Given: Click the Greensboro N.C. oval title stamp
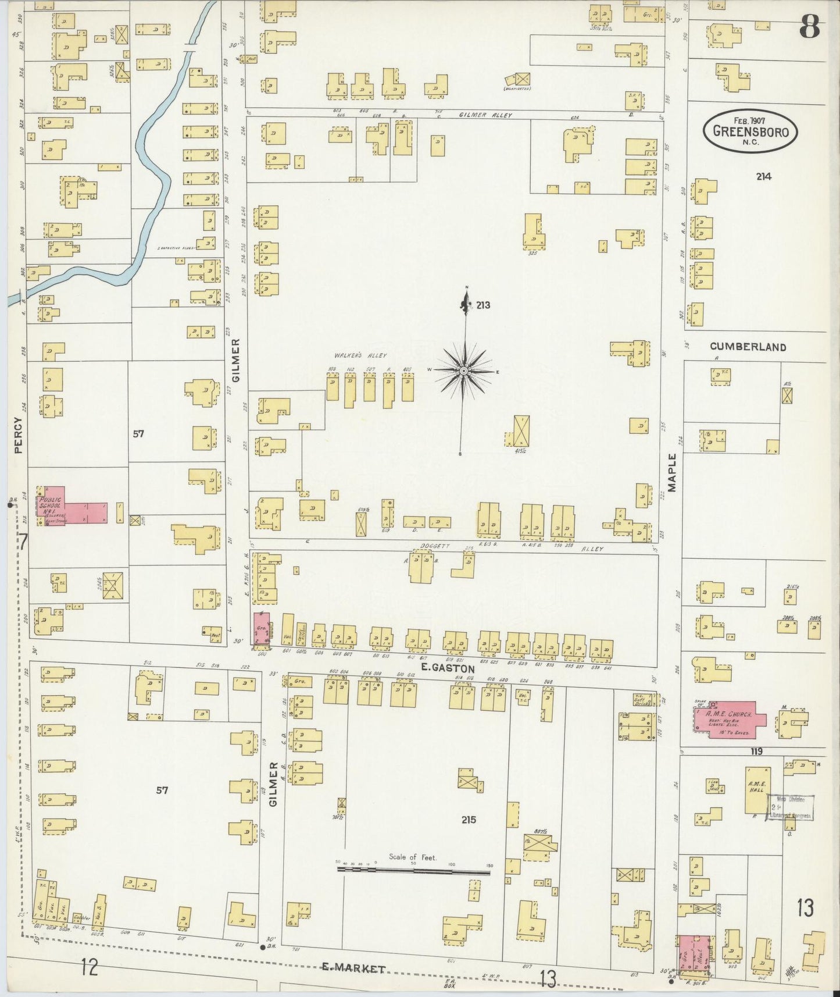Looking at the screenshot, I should pos(750,131).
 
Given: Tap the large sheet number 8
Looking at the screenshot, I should pos(809,27).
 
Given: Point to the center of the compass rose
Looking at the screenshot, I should pos(464,371).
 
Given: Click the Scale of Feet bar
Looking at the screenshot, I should pos(413,871).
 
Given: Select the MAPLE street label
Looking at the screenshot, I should pos(673,473).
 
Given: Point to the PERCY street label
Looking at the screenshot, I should pos(17,435).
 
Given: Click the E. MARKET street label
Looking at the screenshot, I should pos(354,968).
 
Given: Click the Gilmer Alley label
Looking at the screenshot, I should pos(485,115).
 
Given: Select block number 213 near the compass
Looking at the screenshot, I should pos(482,305).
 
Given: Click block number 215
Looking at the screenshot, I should pos(469,820).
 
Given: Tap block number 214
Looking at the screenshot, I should pos(764,176).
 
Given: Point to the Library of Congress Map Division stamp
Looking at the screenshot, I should pos(791,808).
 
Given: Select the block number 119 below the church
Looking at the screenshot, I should pos(756,752).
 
